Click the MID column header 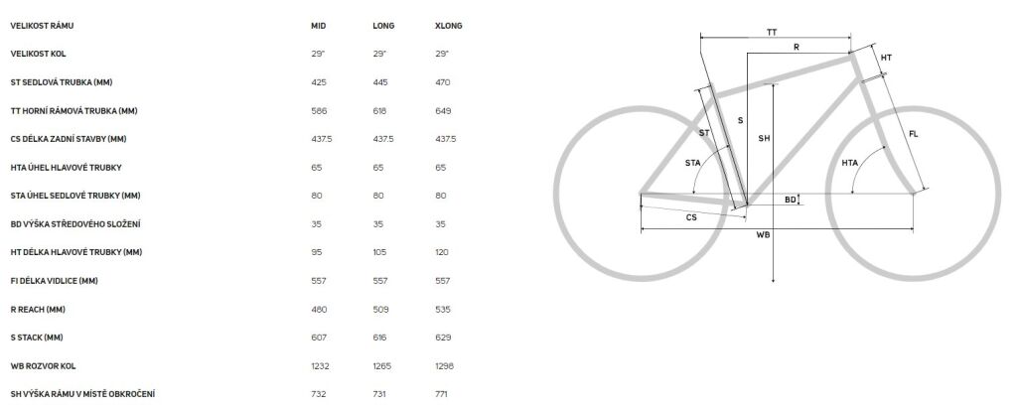(319, 26)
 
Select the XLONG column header (449, 26)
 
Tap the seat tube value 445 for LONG (380, 82)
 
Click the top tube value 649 (443, 111)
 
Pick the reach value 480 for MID (319, 309)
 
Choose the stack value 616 (380, 338)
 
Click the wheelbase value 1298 (444, 366)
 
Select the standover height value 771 (442, 394)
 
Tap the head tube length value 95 (317, 252)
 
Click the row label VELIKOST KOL (39, 54)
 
